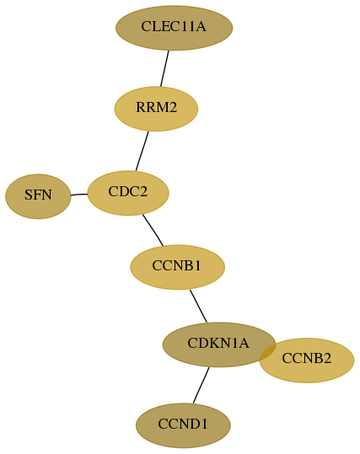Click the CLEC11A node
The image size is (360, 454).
pyautogui.click(x=175, y=28)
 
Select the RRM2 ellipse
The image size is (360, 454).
pyautogui.click(x=156, y=109)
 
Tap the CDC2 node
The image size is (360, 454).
pyautogui.click(x=128, y=193)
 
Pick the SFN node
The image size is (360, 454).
pyautogui.click(x=38, y=196)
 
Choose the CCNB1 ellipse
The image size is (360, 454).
pyautogui.click(x=177, y=267)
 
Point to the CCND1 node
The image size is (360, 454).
pyautogui.click(x=183, y=425)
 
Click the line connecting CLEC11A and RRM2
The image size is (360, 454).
pyautogui.click(x=164, y=68)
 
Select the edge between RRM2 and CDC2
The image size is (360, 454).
pyautogui.click(x=142, y=151)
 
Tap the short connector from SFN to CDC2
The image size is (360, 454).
pyautogui.click(x=79, y=195)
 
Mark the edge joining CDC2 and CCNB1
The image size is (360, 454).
pyautogui.click(x=153, y=230)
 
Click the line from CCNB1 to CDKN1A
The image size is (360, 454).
pyautogui.click(x=198, y=306)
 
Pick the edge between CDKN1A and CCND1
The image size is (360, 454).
pyautogui.click(x=201, y=385)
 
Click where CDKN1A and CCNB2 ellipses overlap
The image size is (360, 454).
pyautogui.click(x=268, y=352)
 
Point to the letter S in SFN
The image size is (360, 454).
pyautogui.click(x=28, y=195)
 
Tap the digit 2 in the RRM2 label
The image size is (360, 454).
pyautogui.click(x=173, y=108)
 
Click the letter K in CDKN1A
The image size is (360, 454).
pyautogui.click(x=209, y=343)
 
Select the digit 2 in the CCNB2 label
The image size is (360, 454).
pyautogui.click(x=327, y=359)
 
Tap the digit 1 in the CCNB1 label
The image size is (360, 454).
pyautogui.click(x=196, y=265)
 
